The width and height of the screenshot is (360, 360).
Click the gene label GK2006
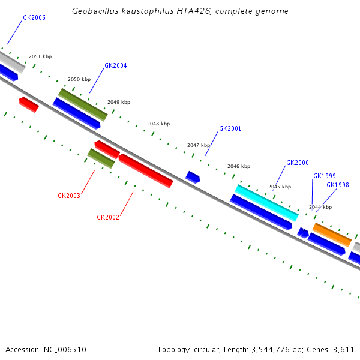pos(34,18)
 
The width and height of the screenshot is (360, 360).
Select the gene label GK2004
pos(116,66)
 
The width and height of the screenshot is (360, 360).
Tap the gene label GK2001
pos(230,129)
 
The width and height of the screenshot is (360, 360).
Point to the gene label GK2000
pos(298,163)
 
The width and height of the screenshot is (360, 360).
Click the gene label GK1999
pos(325,176)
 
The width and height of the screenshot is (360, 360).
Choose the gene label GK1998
pos(338,185)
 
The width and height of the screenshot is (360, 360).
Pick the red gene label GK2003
pos(69,196)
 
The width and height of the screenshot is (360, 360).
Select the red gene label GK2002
pos(108,218)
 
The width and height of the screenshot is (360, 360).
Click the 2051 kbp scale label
pos(40,57)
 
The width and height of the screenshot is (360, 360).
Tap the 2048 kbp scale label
pos(158,124)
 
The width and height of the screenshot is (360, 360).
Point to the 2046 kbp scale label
pos(239,166)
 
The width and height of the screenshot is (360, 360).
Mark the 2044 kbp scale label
pos(320,207)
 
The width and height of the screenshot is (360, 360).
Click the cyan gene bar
pos(266,203)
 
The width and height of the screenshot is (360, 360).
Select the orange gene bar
pos(332,234)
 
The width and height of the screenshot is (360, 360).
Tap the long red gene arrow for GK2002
pos(146,170)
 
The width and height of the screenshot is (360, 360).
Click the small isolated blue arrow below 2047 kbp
pos(193,177)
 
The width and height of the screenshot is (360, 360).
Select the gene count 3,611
pos(344,349)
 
